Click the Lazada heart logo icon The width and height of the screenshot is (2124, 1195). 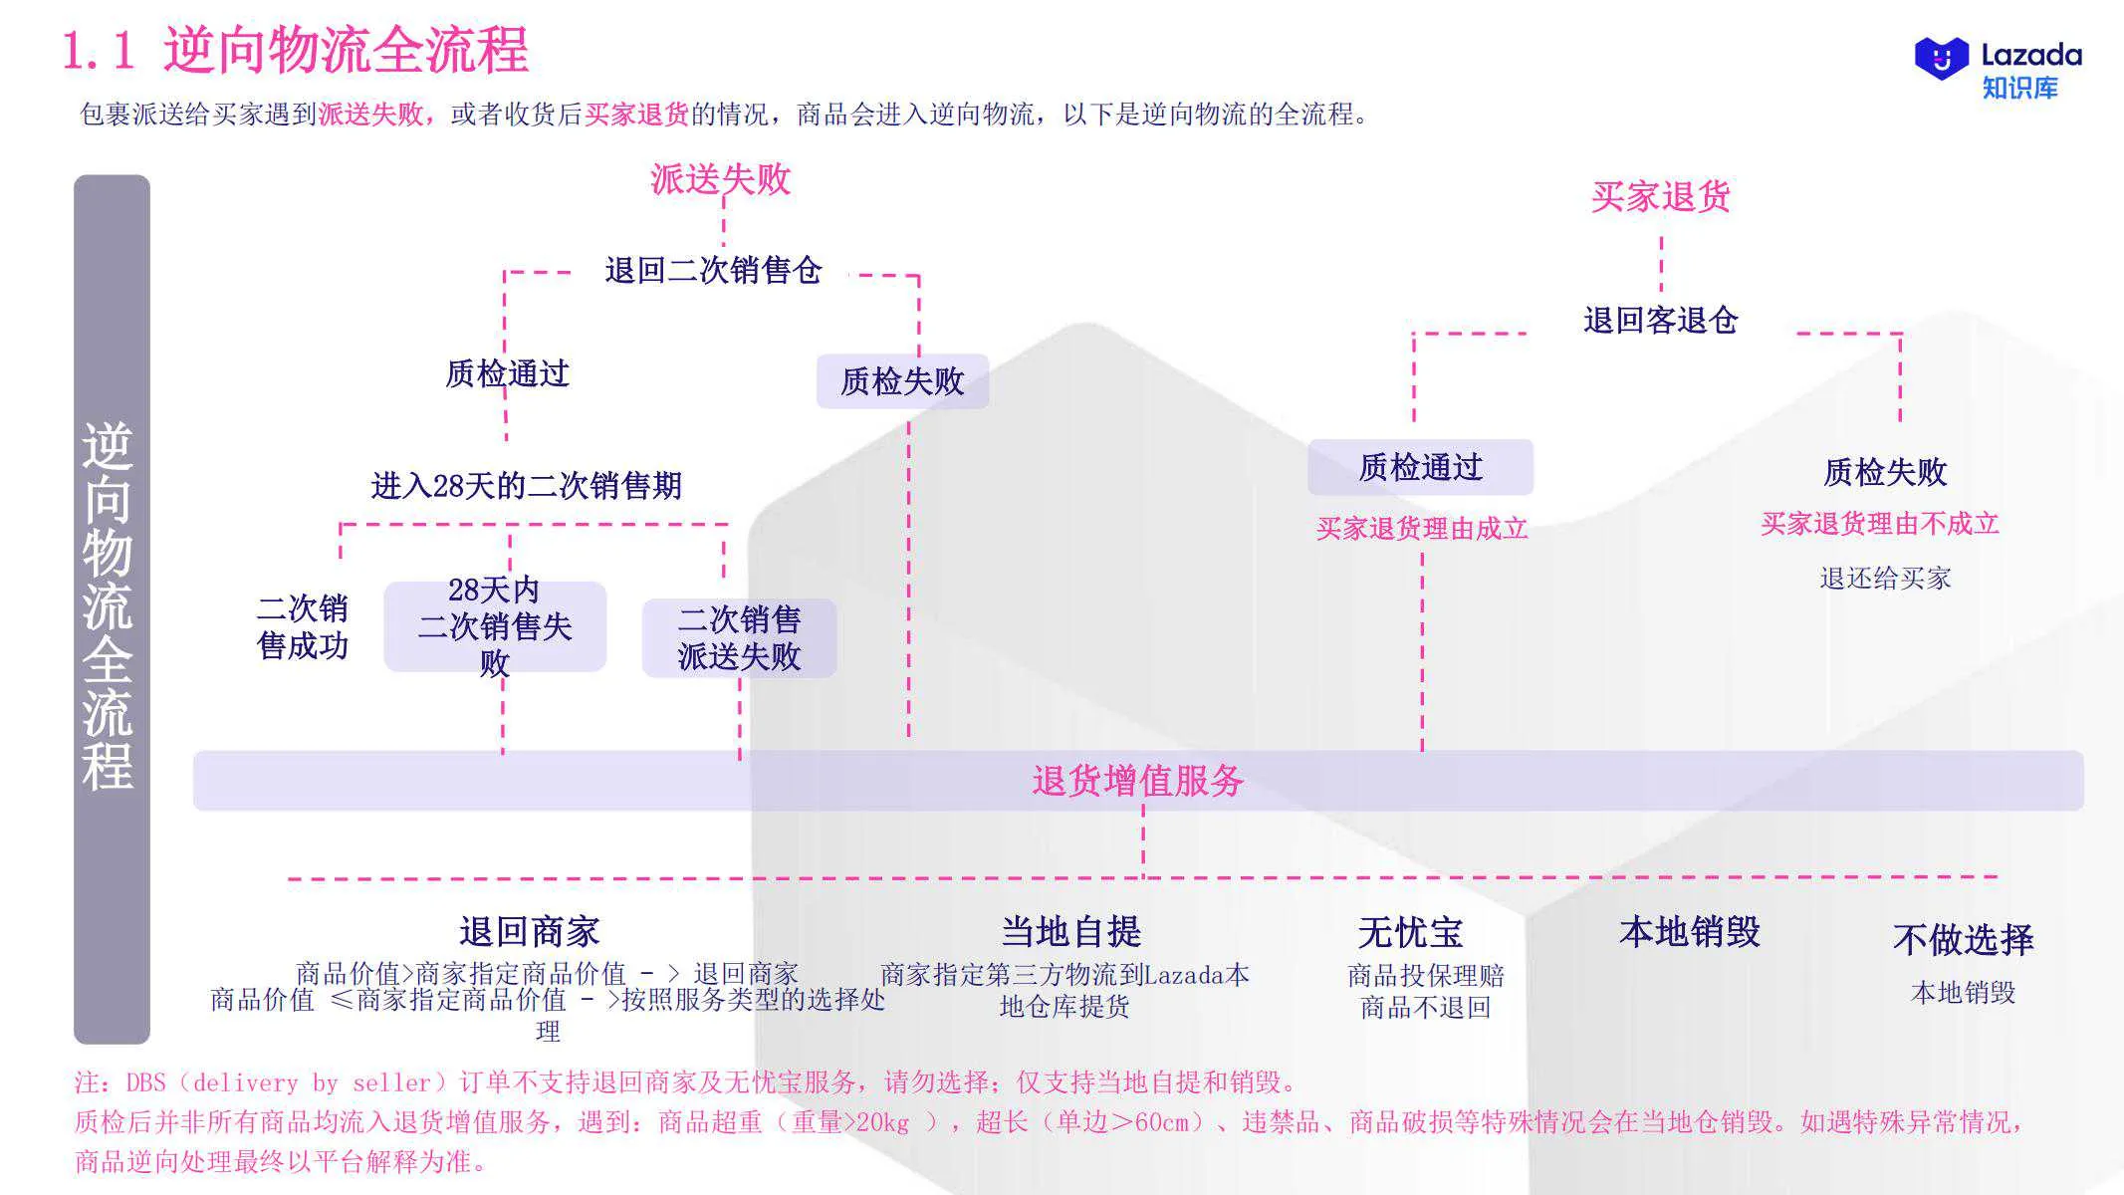[x=1941, y=59]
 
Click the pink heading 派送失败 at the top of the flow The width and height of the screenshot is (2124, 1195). [x=720, y=179]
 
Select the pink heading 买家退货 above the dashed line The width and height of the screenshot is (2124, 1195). [x=1660, y=196]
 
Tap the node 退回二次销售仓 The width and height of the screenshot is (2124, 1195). [x=713, y=270]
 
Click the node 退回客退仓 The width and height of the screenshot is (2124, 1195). [x=1660, y=320]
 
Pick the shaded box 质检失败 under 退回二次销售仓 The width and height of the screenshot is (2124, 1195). [x=902, y=381]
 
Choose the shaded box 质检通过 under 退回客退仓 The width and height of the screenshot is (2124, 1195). [x=1420, y=467]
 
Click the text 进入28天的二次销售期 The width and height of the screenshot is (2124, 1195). [x=526, y=486]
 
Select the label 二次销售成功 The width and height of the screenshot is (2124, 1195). [x=302, y=626]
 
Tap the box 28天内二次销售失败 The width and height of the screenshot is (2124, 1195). [x=495, y=626]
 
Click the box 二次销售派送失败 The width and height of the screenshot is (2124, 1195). [x=739, y=638]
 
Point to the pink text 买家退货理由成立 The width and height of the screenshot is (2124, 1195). [x=1421, y=528]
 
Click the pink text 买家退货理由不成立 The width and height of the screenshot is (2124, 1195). [x=1879, y=524]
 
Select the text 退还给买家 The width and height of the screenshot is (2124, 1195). [x=1884, y=578]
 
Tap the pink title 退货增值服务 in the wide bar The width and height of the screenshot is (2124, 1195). [x=1137, y=781]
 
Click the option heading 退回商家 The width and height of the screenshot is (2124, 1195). [x=529, y=932]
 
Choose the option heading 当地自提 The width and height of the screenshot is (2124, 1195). [x=1070, y=932]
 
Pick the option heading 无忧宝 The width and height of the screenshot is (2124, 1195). [x=1410, y=933]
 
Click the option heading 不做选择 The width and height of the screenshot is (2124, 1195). [x=1962, y=939]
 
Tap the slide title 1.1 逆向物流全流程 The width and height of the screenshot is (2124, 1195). [x=296, y=50]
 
